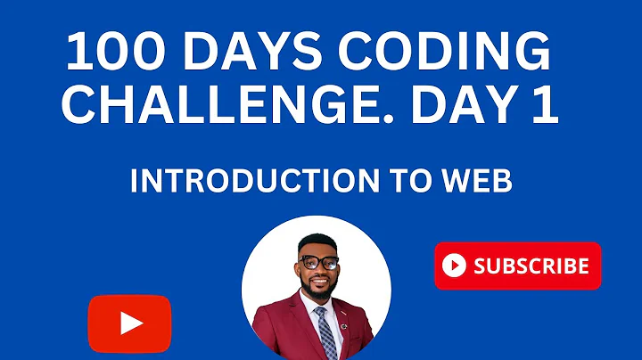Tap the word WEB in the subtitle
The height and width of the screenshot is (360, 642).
(x=477, y=181)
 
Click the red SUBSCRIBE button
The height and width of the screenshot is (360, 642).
(x=517, y=266)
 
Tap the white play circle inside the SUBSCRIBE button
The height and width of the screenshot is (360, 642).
(x=455, y=266)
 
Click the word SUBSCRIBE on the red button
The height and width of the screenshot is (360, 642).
(x=531, y=266)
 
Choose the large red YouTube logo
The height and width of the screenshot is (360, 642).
(x=129, y=323)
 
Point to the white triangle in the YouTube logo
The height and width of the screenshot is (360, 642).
(x=130, y=323)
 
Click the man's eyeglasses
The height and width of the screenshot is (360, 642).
(x=318, y=262)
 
